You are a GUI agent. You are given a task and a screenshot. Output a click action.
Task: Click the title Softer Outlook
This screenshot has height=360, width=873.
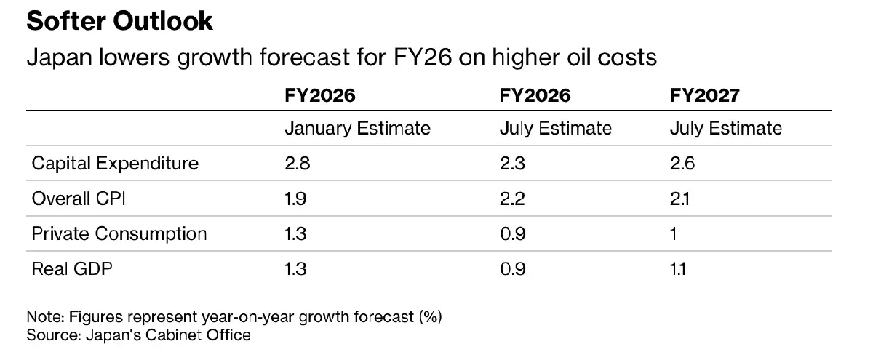click(x=119, y=21)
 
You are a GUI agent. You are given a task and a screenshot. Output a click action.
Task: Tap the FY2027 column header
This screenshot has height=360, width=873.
click(x=705, y=95)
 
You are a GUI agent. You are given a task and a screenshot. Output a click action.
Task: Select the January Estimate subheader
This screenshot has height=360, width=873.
click(x=357, y=129)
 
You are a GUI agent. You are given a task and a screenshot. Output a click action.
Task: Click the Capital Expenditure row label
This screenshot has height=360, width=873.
click(x=115, y=164)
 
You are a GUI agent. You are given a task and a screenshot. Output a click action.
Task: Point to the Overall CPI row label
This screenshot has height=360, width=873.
click(x=79, y=199)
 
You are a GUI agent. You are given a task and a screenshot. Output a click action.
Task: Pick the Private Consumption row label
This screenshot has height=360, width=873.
click(x=119, y=234)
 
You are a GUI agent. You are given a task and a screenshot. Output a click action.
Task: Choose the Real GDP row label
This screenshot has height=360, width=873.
click(x=72, y=269)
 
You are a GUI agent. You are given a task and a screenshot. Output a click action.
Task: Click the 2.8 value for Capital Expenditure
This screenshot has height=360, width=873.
click(x=298, y=164)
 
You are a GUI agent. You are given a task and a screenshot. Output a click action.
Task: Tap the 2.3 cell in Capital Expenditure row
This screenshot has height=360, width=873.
click(x=512, y=164)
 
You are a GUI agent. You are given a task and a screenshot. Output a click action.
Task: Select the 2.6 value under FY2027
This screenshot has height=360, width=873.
click(x=682, y=164)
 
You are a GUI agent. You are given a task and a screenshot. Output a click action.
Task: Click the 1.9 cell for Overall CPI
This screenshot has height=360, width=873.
click(x=295, y=199)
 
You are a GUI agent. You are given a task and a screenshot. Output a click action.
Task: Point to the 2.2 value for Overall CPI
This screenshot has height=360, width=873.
click(x=512, y=199)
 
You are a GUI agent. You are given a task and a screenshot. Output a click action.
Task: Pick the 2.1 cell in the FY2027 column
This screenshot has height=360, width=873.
click(x=679, y=199)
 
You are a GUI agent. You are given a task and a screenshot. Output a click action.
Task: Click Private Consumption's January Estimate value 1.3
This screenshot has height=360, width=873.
click(x=295, y=234)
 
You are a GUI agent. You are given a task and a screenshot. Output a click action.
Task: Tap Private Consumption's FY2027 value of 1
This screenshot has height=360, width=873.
click(x=673, y=234)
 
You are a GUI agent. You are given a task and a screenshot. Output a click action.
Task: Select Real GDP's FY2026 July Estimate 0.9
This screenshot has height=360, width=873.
click(x=513, y=269)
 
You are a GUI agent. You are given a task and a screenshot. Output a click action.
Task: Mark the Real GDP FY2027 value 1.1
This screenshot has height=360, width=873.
click(x=678, y=269)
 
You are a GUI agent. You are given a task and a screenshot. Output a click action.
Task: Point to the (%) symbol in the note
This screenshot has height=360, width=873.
click(x=430, y=317)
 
